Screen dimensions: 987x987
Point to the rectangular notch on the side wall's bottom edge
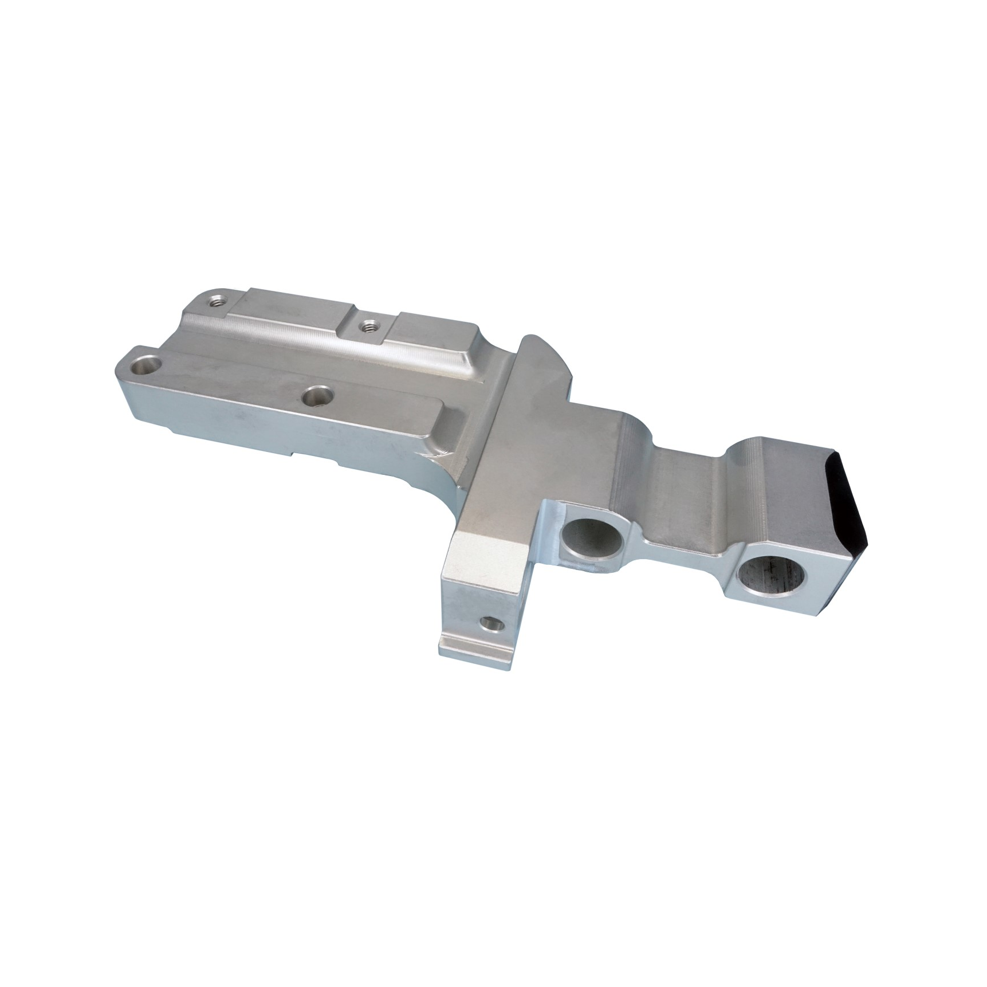tap(315, 459)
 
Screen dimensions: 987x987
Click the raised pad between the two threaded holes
tap(292, 309)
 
